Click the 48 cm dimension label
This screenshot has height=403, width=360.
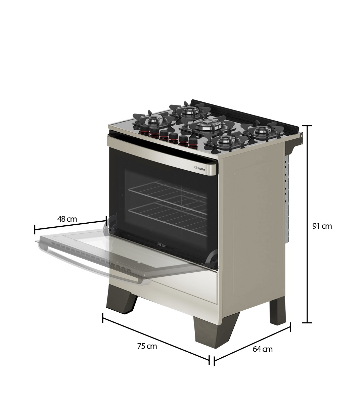tap(67, 219)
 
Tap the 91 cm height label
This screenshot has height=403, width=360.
tap(322, 226)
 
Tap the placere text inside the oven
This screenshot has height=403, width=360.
tap(161, 244)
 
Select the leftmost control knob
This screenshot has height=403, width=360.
tap(143, 130)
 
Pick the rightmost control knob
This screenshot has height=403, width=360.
tap(192, 143)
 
